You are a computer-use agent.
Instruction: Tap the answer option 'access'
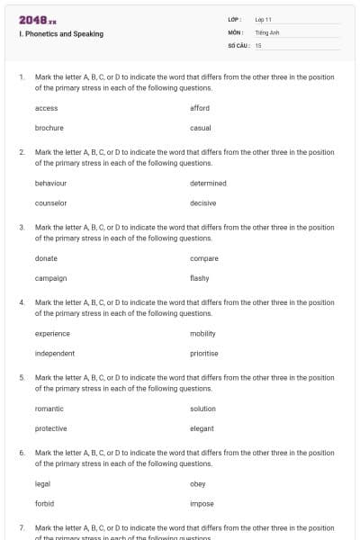tap(46, 108)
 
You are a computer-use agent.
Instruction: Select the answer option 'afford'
tap(200, 108)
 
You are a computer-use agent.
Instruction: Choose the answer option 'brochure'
tap(49, 128)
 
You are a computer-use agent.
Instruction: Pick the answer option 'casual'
tap(201, 128)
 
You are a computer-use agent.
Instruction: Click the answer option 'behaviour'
tap(50, 183)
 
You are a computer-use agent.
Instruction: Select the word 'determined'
tap(209, 183)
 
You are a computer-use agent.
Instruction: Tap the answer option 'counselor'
tap(50, 202)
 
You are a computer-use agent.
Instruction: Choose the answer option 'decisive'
tap(203, 202)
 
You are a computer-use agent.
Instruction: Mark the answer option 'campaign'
tap(50, 278)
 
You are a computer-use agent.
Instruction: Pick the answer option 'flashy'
tap(200, 278)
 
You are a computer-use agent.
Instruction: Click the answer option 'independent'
tap(55, 353)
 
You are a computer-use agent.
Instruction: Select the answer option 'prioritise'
tap(204, 353)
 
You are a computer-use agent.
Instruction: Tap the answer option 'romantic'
tap(49, 409)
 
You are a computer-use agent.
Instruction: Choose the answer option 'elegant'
tap(202, 428)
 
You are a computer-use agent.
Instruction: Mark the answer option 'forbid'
tap(44, 503)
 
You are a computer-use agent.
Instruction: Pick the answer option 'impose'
tap(202, 503)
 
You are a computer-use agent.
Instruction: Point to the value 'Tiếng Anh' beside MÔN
tap(267, 31)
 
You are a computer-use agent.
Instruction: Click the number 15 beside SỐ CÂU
tap(258, 44)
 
